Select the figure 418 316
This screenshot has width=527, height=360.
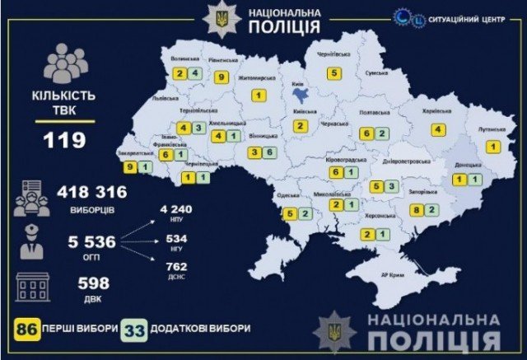[x=92, y=193]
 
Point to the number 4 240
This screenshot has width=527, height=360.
[x=176, y=209]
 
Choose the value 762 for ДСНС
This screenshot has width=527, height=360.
[x=176, y=266]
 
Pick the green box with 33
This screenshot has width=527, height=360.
[x=134, y=328]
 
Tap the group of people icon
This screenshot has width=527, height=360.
[x=67, y=64]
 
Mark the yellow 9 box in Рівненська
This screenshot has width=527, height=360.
[x=222, y=77]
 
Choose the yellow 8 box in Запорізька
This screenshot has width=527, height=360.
[x=417, y=211]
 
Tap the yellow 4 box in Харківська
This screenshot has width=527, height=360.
[x=438, y=129]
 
